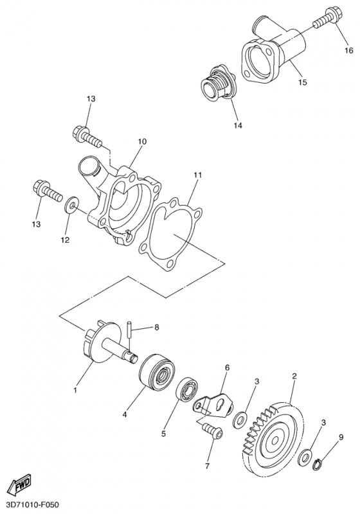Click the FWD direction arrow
[x=20, y=484]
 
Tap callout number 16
[x=348, y=51]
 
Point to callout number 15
[x=303, y=82]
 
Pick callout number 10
[x=142, y=141]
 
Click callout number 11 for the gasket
[x=197, y=175]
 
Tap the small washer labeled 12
[x=71, y=206]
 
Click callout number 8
[x=156, y=327]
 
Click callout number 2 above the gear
[x=294, y=376]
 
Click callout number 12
[x=65, y=240]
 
